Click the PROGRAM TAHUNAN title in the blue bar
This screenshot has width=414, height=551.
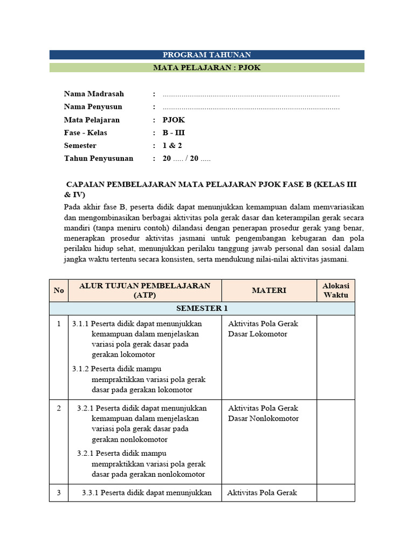(x=207, y=55)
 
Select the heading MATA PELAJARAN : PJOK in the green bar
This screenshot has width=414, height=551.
(x=207, y=68)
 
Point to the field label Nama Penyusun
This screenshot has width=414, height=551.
(x=93, y=107)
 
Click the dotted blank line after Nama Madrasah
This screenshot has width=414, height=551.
(x=251, y=95)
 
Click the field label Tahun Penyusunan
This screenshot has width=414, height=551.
(x=98, y=159)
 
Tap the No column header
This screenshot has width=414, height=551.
(x=59, y=291)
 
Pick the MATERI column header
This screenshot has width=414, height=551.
(x=269, y=291)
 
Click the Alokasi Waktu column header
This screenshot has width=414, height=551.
(x=335, y=291)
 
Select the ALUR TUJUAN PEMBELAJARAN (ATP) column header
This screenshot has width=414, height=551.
(x=144, y=291)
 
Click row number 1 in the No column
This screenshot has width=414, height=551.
(x=59, y=324)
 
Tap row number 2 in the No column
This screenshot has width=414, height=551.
(x=59, y=408)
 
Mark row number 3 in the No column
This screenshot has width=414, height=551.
(x=59, y=493)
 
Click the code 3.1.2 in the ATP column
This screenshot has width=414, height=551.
(x=80, y=369)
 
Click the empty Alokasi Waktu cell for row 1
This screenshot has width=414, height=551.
(x=335, y=357)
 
